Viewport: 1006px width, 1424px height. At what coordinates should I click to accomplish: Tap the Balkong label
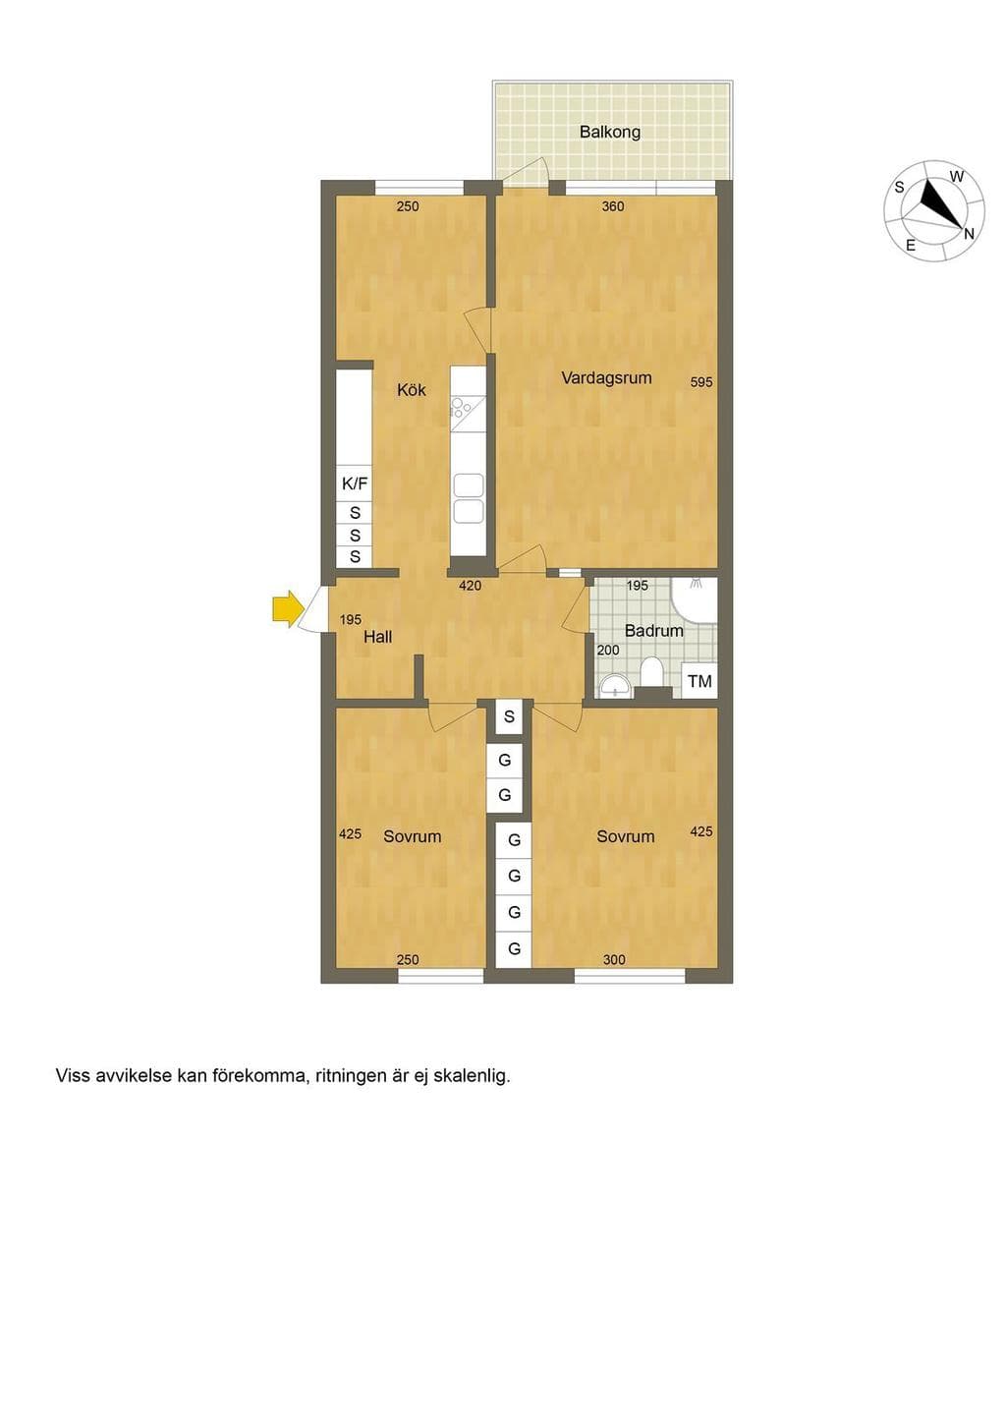(x=609, y=133)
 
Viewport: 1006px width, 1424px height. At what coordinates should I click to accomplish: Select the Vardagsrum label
(x=606, y=378)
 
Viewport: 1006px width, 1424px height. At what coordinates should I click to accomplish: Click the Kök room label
(x=412, y=390)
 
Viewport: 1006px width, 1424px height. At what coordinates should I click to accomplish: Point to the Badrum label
(x=653, y=631)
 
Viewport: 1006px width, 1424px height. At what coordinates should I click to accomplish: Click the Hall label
(x=377, y=637)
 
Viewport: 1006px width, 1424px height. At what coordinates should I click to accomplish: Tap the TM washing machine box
(x=699, y=681)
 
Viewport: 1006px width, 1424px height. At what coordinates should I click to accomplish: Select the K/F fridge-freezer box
(x=355, y=484)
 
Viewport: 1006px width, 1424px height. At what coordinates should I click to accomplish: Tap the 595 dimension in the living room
(x=701, y=382)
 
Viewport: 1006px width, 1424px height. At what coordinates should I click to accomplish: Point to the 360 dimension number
(x=613, y=206)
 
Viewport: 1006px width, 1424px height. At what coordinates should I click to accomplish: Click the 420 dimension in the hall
(x=470, y=586)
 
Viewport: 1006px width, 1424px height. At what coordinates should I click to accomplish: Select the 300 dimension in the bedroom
(x=614, y=960)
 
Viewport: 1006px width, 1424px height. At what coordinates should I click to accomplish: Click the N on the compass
(x=969, y=234)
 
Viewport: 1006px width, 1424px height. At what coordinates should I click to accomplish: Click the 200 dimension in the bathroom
(x=607, y=650)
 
